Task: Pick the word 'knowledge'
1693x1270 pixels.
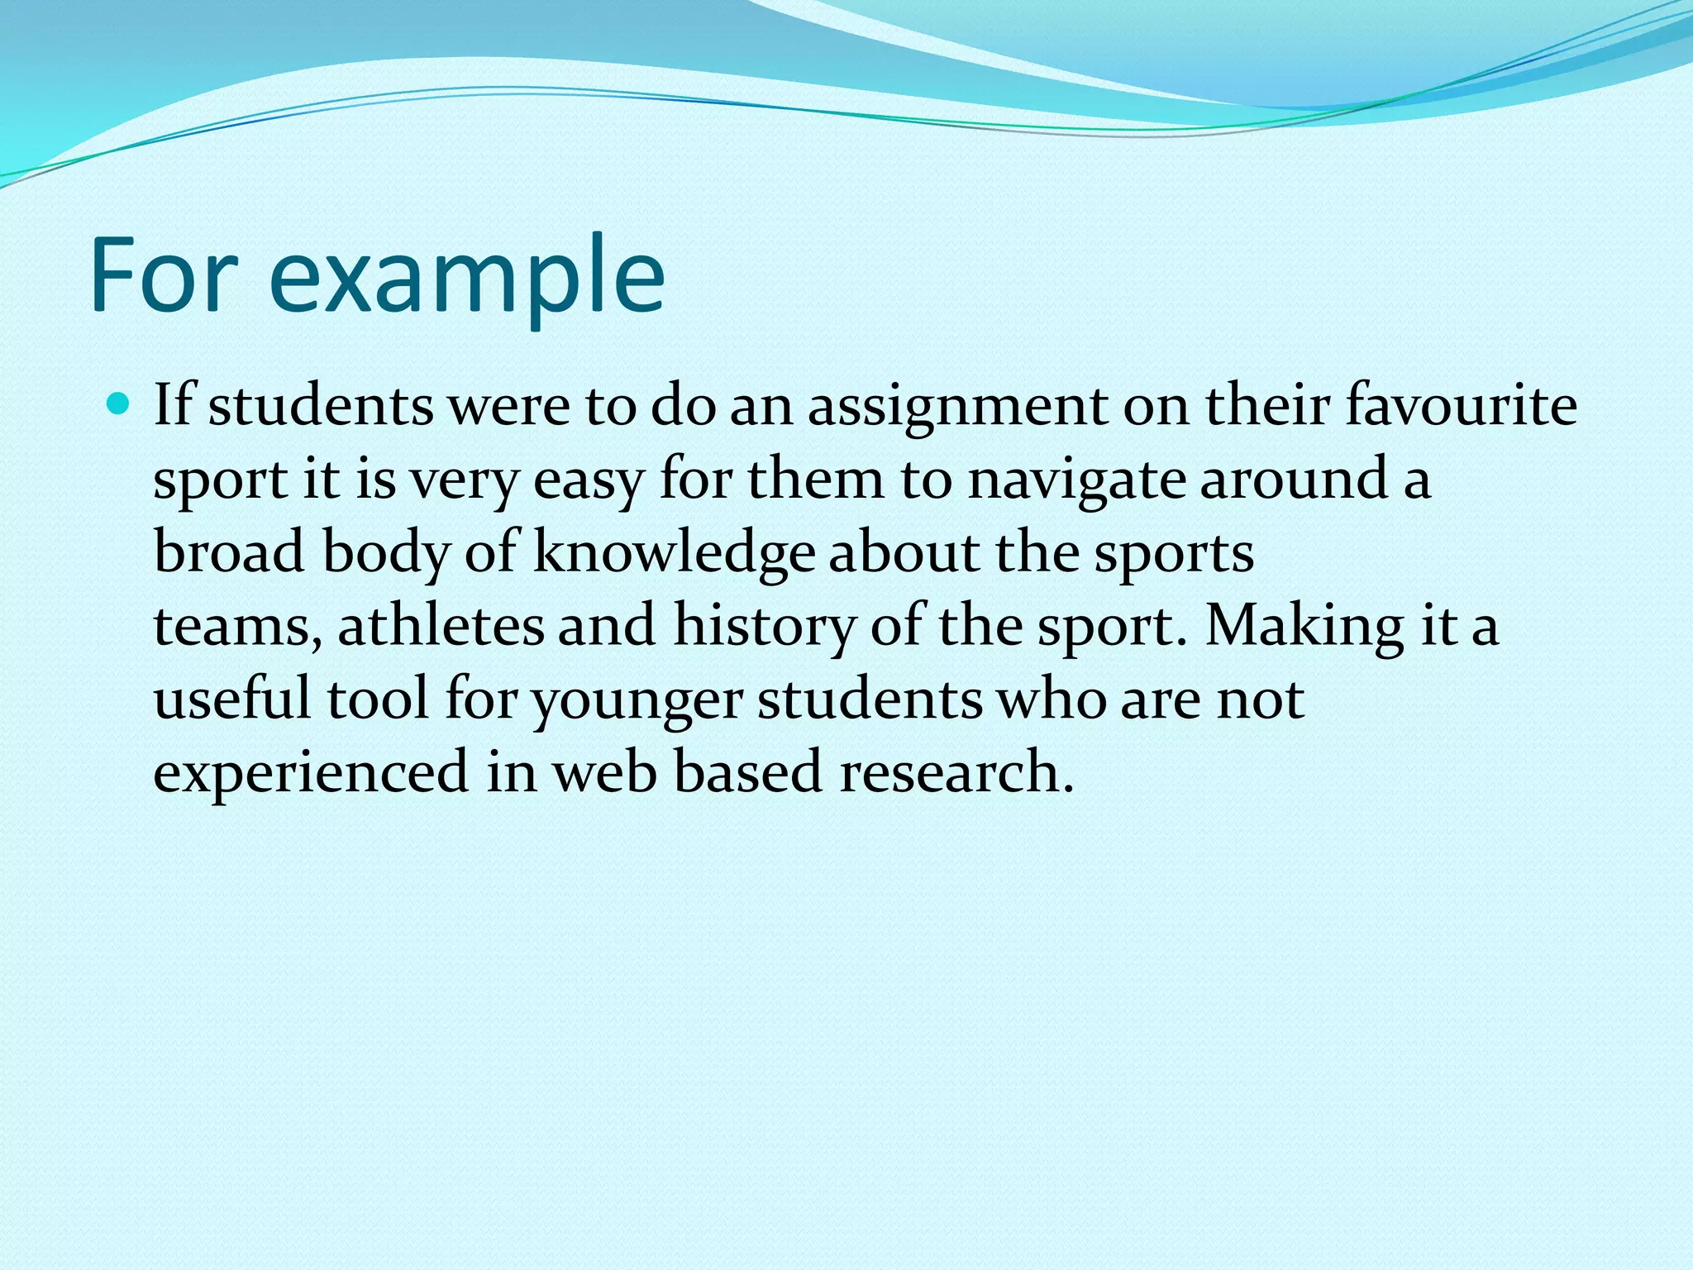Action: [674, 553]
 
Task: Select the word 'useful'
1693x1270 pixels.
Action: [232, 698]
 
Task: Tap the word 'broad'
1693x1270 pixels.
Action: [229, 551]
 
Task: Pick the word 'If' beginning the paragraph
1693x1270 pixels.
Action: [172, 405]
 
